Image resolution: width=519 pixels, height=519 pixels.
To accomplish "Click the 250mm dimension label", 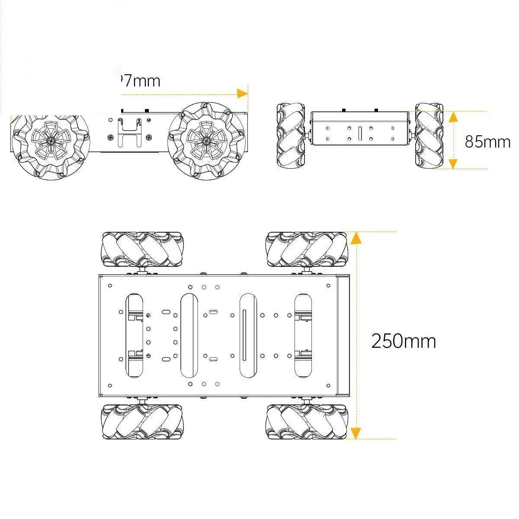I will click(x=404, y=341).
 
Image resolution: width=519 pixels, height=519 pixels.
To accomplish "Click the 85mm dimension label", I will click(x=487, y=142).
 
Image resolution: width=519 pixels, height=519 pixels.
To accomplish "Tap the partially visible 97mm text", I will click(x=139, y=81).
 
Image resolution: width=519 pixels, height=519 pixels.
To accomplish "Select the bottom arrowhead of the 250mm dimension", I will click(x=355, y=433).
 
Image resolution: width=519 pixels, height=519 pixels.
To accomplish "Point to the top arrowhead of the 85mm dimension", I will click(x=453, y=116).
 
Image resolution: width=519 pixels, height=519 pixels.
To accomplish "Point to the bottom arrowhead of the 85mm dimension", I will click(x=453, y=163).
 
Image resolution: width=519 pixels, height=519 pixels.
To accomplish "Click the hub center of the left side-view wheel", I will click(x=51, y=141).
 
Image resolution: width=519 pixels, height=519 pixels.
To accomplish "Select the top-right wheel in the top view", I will click(x=307, y=250).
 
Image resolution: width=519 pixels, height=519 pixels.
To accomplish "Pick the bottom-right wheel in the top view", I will click(x=307, y=422).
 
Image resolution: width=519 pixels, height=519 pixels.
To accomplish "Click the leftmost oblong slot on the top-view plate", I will click(x=134, y=335).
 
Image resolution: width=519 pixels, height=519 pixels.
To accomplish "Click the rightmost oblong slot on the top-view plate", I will click(x=303, y=335).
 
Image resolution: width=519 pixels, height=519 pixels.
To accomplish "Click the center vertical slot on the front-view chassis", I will click(x=360, y=134).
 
